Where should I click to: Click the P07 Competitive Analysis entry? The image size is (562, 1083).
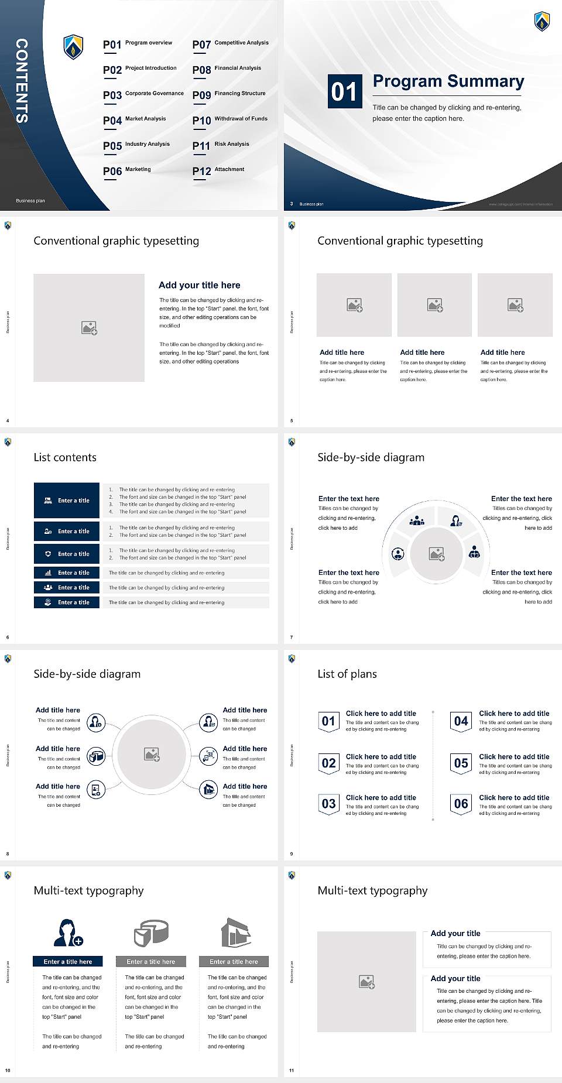point(231,44)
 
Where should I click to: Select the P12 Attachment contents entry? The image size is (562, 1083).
point(218,170)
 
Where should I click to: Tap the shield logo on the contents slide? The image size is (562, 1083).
point(73,47)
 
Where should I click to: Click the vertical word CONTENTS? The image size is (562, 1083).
point(21,81)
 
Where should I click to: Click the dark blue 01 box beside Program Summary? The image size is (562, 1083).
point(344,91)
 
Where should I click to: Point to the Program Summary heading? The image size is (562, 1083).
point(448,81)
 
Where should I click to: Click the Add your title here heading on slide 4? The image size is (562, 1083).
point(199,285)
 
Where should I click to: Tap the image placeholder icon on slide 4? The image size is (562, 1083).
point(89,328)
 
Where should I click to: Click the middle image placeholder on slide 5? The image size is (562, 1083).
point(434,305)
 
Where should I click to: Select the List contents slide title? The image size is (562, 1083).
point(65,457)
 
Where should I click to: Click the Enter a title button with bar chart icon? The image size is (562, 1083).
point(67,573)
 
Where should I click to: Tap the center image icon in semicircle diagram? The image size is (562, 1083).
point(437,554)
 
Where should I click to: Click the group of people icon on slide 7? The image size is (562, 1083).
point(417,520)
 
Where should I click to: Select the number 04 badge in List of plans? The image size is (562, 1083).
point(461,721)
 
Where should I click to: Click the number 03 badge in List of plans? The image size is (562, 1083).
point(328,804)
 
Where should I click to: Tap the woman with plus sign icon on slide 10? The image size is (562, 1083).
point(68,933)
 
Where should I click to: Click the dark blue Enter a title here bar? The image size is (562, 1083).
point(68,961)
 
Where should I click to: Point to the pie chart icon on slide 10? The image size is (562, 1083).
point(151,933)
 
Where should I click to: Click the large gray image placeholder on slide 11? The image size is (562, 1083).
point(367,982)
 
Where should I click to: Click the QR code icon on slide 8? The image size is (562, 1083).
point(208,756)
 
